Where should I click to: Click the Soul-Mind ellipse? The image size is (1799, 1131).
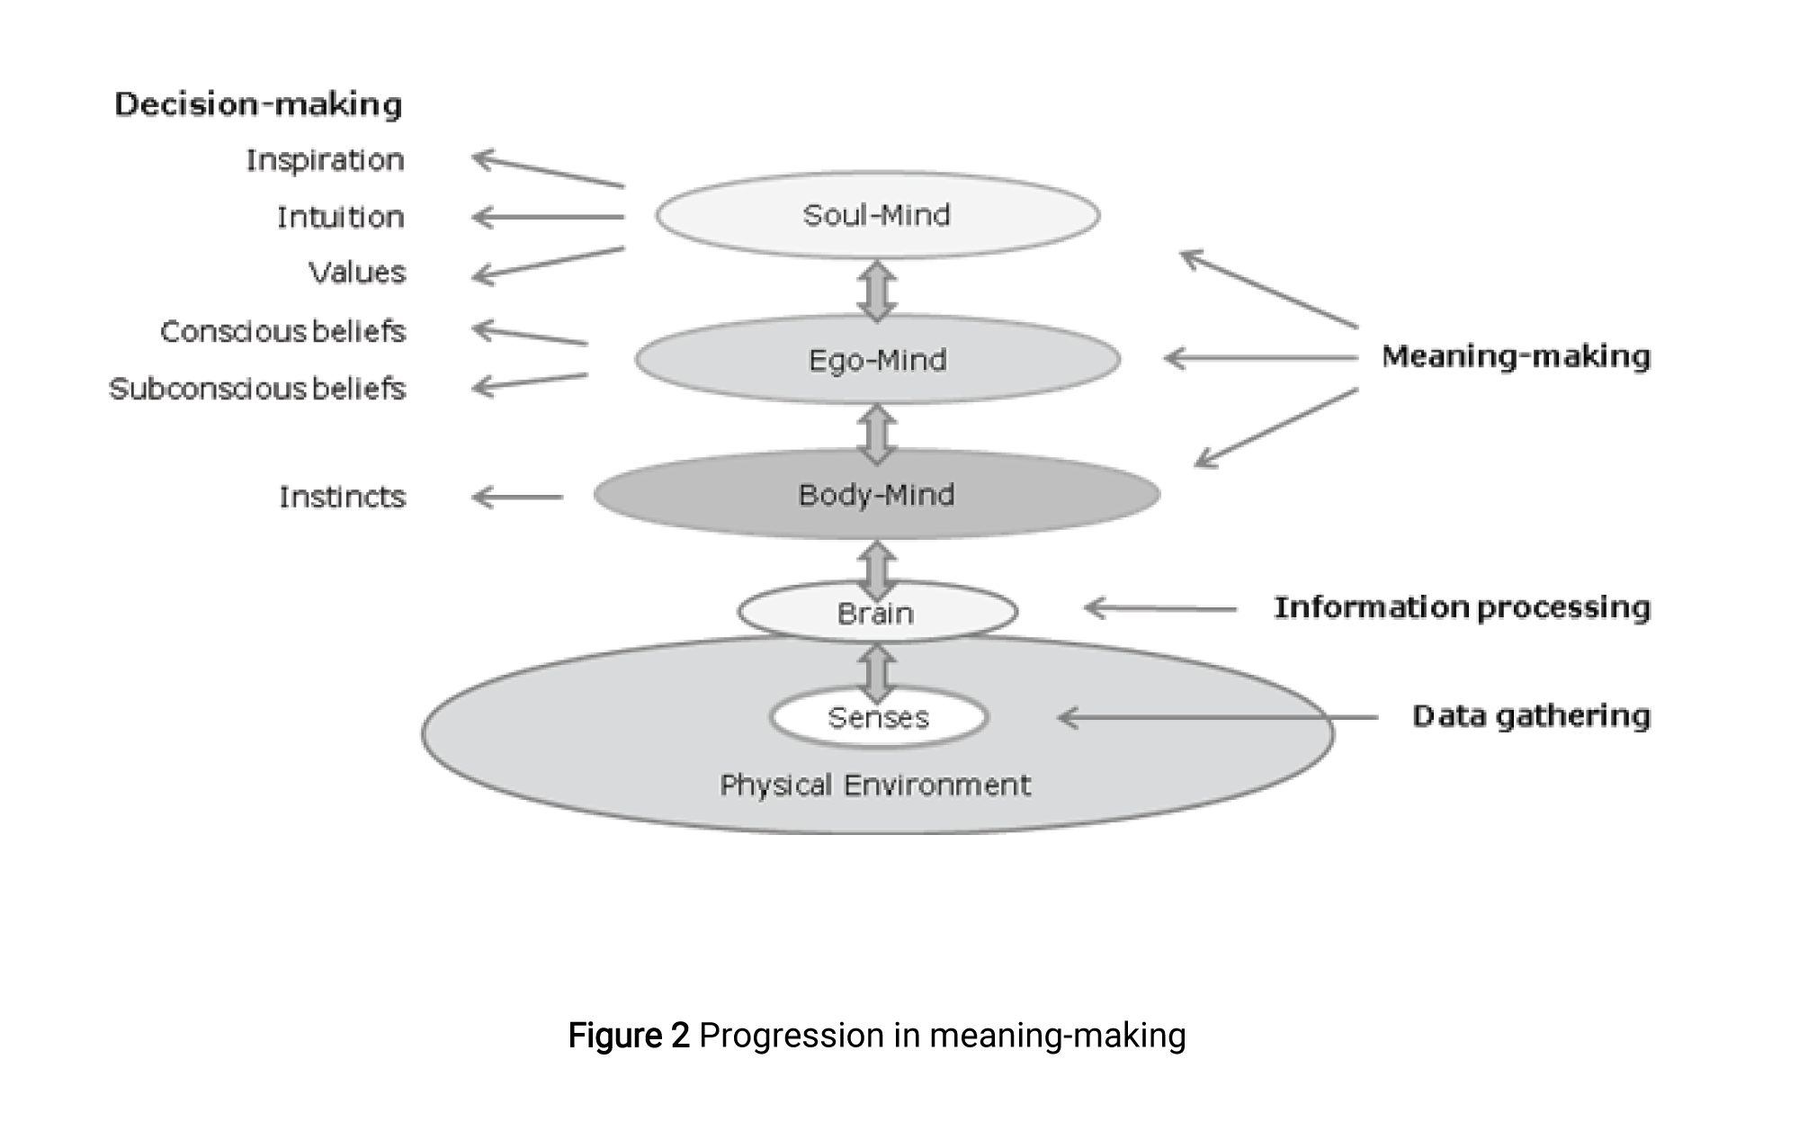[877, 215]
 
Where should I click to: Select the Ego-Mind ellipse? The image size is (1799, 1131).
[877, 360]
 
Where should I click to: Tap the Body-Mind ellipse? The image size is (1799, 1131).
[877, 495]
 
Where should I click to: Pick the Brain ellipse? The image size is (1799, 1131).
[877, 613]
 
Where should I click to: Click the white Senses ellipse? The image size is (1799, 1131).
[878, 717]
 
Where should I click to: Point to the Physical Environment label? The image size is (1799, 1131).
[875, 785]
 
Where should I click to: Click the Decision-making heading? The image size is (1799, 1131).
[258, 104]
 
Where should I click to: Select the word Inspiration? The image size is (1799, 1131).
[325, 160]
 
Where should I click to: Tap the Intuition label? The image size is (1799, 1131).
[340, 217]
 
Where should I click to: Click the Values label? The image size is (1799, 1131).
[357, 272]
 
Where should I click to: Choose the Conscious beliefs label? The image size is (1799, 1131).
[282, 331]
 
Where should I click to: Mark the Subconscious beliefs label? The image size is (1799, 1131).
[257, 388]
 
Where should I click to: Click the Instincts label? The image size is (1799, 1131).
[342, 497]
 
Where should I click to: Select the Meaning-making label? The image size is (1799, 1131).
[1516, 356]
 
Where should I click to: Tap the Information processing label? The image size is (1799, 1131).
[1462, 607]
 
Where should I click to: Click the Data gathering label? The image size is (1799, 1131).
[1531, 716]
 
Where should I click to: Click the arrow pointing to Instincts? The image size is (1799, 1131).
[517, 497]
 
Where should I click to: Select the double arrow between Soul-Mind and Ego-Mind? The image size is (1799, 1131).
[877, 291]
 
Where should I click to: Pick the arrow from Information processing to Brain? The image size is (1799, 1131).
[1160, 609]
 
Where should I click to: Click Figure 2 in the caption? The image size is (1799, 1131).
[629, 1036]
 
